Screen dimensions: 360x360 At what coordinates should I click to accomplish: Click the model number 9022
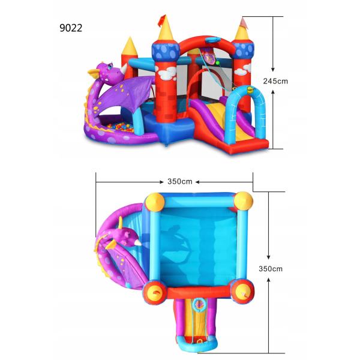(x=71, y=28)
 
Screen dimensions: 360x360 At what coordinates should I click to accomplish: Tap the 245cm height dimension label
(x=275, y=81)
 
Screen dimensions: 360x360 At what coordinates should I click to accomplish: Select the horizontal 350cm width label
(x=180, y=182)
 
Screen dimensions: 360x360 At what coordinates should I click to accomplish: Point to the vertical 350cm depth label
(x=271, y=269)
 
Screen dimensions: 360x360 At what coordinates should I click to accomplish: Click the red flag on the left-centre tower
(x=162, y=19)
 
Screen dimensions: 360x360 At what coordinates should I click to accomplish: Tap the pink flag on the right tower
(x=244, y=23)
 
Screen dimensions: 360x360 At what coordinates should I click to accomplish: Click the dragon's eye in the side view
(x=110, y=66)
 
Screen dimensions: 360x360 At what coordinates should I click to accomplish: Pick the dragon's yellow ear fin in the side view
(x=94, y=73)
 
